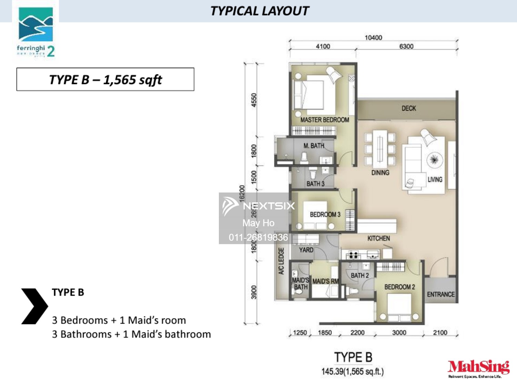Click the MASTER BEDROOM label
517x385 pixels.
click(324, 120)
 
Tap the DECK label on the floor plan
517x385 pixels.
click(408, 108)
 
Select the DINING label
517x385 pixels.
click(380, 173)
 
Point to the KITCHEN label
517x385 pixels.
click(378, 238)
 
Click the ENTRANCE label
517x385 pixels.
click(440, 294)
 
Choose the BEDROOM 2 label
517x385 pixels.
click(399, 287)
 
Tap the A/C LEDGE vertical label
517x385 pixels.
click(281, 261)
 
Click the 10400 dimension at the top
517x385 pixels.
click(373, 38)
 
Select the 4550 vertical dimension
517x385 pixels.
click(254, 100)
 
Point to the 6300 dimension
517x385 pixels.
click(406, 46)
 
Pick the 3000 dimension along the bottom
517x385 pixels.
click(399, 333)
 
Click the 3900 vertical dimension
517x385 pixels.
click(254, 292)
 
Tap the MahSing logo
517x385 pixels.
click(478, 368)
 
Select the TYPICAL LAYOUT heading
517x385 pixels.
click(260, 11)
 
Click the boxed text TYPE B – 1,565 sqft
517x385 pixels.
click(105, 80)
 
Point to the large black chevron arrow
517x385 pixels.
click(34, 306)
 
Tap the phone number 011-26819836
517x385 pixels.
click(258, 237)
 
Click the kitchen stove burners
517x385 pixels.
click(353, 255)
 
